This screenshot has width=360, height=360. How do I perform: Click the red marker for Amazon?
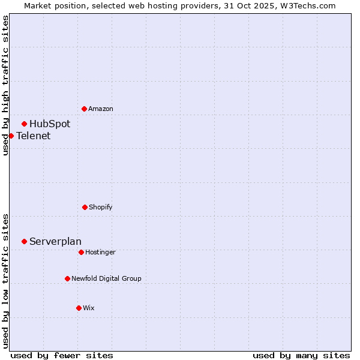(84, 109)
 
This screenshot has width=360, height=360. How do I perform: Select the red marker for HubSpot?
(24, 124)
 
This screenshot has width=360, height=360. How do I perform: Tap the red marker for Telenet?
(11, 136)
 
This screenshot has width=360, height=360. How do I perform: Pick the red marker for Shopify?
(85, 207)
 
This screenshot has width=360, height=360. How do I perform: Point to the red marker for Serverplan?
(24, 241)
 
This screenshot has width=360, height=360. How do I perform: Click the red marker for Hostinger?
(81, 252)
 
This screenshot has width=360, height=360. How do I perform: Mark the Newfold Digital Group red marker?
(67, 278)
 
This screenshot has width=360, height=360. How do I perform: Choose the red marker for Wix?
(79, 308)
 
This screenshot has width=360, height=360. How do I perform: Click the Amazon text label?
(101, 109)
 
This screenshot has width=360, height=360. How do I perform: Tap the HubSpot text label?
(50, 124)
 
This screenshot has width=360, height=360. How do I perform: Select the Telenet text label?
(34, 136)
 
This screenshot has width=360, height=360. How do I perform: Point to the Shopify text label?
(101, 207)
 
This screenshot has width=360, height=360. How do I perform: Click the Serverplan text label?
(55, 241)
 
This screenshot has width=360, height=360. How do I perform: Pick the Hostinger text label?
(100, 252)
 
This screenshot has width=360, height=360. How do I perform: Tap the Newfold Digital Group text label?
(106, 278)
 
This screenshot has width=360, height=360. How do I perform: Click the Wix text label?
(89, 308)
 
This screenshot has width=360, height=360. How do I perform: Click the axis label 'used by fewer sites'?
(62, 355)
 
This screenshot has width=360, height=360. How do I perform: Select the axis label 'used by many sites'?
(301, 355)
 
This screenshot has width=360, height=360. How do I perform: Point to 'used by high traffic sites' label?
(5, 85)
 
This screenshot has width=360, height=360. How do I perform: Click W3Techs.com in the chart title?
(307, 5)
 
